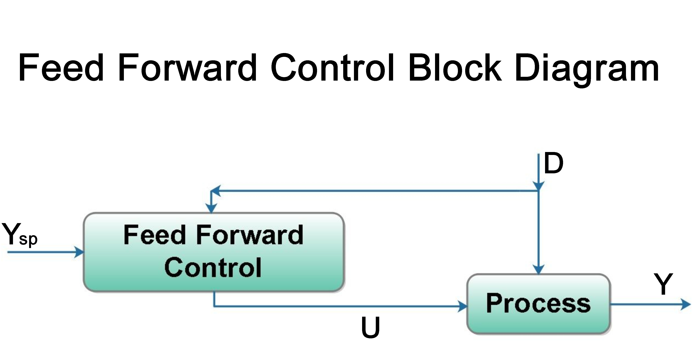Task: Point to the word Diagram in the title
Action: (586, 69)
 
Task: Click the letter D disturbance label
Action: (553, 163)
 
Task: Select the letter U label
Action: (370, 327)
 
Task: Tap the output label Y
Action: (663, 284)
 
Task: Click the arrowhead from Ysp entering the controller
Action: (79, 252)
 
